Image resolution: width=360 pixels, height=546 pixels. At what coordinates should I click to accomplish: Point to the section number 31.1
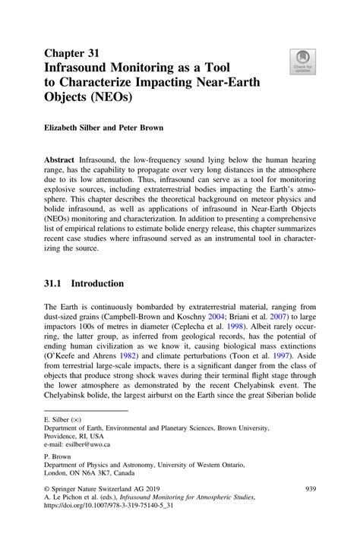point(55,283)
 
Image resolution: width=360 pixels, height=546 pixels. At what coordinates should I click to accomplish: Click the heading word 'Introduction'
point(96,283)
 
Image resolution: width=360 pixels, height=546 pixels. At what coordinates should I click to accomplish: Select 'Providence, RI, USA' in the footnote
point(74,437)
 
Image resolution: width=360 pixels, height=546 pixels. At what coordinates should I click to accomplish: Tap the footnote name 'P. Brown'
point(58,455)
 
